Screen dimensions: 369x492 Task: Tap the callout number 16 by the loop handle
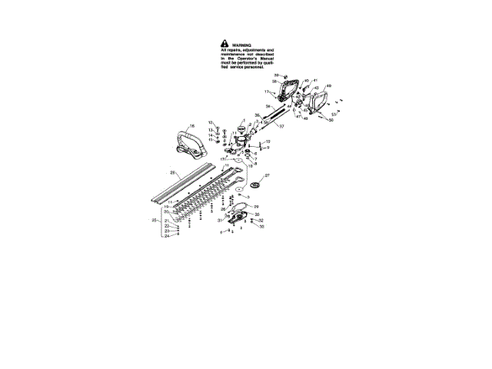pos(192,125)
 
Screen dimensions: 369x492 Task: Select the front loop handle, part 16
pos(184,142)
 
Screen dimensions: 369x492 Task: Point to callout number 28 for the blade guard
pos(174,174)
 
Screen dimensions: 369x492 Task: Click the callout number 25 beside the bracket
pos(154,221)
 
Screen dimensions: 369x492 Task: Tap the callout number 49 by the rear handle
pos(328,85)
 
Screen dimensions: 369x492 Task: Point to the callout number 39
pos(277,75)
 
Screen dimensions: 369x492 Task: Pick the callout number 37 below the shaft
pos(281,126)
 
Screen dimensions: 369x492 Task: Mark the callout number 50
pos(331,120)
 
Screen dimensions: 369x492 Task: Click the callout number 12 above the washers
pos(211,123)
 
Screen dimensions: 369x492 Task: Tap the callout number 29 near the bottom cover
pos(256,207)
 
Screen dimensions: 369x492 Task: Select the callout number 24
pos(166,236)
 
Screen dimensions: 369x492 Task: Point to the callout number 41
pos(315,81)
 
